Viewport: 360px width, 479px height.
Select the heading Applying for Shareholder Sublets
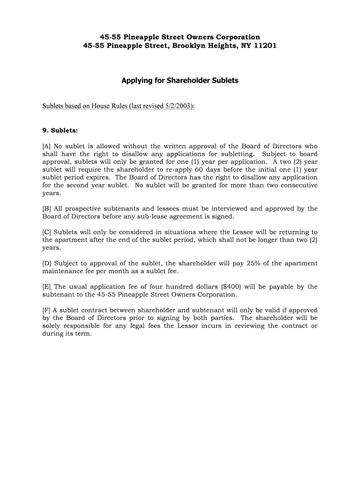coord(180,80)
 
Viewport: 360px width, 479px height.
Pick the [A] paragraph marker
coord(47,146)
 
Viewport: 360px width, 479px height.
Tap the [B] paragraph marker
coord(47,209)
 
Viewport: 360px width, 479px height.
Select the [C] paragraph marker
coord(47,232)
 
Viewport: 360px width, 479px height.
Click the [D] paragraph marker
coord(47,263)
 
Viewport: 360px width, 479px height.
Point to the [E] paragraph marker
coord(47,287)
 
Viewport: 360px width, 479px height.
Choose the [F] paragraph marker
coord(47,310)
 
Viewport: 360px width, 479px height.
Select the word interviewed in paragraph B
coord(228,209)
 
